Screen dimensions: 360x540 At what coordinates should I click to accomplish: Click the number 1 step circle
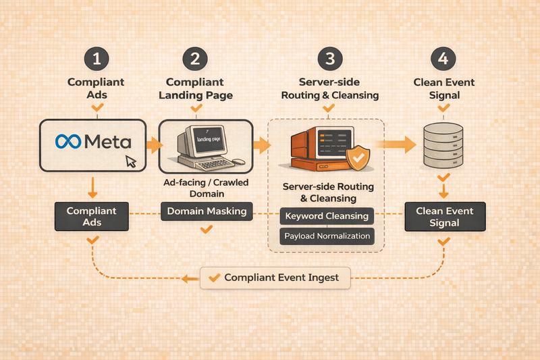(96, 59)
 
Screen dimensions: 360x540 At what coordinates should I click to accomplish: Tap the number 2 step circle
(195, 59)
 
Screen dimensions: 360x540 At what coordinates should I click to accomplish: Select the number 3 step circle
(330, 59)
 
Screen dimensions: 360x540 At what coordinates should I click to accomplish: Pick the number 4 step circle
(443, 59)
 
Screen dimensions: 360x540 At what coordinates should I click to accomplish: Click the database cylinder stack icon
(443, 146)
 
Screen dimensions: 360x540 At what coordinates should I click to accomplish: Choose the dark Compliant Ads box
(91, 217)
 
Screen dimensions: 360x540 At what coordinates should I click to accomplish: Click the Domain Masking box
(207, 211)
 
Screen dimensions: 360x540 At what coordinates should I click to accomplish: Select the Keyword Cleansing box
(327, 216)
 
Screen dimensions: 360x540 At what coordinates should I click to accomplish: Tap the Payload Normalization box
(327, 236)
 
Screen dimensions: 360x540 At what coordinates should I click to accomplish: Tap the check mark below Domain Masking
(207, 230)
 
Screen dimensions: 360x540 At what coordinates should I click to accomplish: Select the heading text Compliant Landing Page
(196, 88)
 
